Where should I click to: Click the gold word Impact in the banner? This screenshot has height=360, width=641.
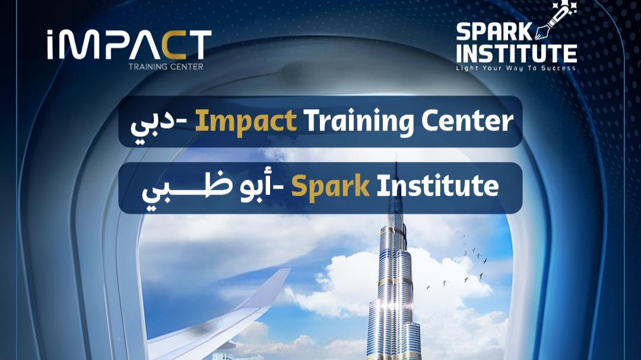point(246,122)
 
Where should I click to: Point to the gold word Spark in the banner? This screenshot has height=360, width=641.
point(331,187)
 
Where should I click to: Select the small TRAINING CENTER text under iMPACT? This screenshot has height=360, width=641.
point(166,66)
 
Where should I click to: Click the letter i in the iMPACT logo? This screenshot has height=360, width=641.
point(50,44)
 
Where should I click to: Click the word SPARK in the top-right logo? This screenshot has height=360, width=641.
point(494,32)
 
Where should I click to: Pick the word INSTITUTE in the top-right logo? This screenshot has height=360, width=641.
point(516,53)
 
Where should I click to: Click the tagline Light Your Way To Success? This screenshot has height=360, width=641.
point(516,68)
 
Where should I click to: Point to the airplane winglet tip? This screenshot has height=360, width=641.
point(288,270)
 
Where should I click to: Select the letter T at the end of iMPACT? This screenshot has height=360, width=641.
point(199,44)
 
